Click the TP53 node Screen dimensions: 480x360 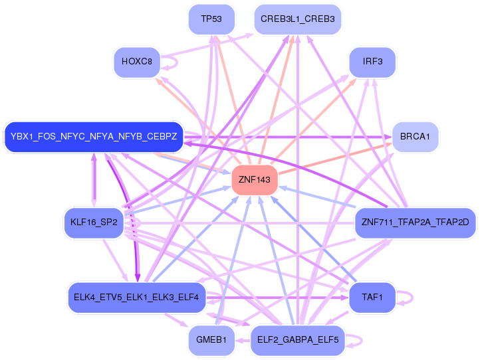click(x=211, y=19)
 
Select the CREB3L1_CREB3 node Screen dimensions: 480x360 click(x=298, y=19)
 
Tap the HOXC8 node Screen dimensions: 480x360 click(x=137, y=62)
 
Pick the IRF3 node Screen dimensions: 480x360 click(x=372, y=62)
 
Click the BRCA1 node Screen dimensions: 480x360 click(x=415, y=137)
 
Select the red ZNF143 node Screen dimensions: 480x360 click(x=255, y=180)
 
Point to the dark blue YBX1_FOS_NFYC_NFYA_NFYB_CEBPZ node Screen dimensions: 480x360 click(x=94, y=137)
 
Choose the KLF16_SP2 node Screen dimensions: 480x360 click(x=94, y=223)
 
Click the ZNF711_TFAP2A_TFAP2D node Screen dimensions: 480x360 click(x=415, y=223)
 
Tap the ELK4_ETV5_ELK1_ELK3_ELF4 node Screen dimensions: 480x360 click(x=136, y=298)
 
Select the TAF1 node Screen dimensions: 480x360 click(x=372, y=298)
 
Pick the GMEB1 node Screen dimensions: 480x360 click(x=211, y=340)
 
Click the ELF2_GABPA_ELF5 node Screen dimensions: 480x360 click(x=298, y=340)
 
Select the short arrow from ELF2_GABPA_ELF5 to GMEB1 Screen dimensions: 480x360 click(x=243, y=341)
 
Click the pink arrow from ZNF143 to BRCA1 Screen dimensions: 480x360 click(x=335, y=159)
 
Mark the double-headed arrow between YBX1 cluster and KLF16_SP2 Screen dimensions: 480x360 click(x=94, y=180)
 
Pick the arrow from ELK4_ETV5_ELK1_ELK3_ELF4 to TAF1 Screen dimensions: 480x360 click(x=278, y=298)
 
